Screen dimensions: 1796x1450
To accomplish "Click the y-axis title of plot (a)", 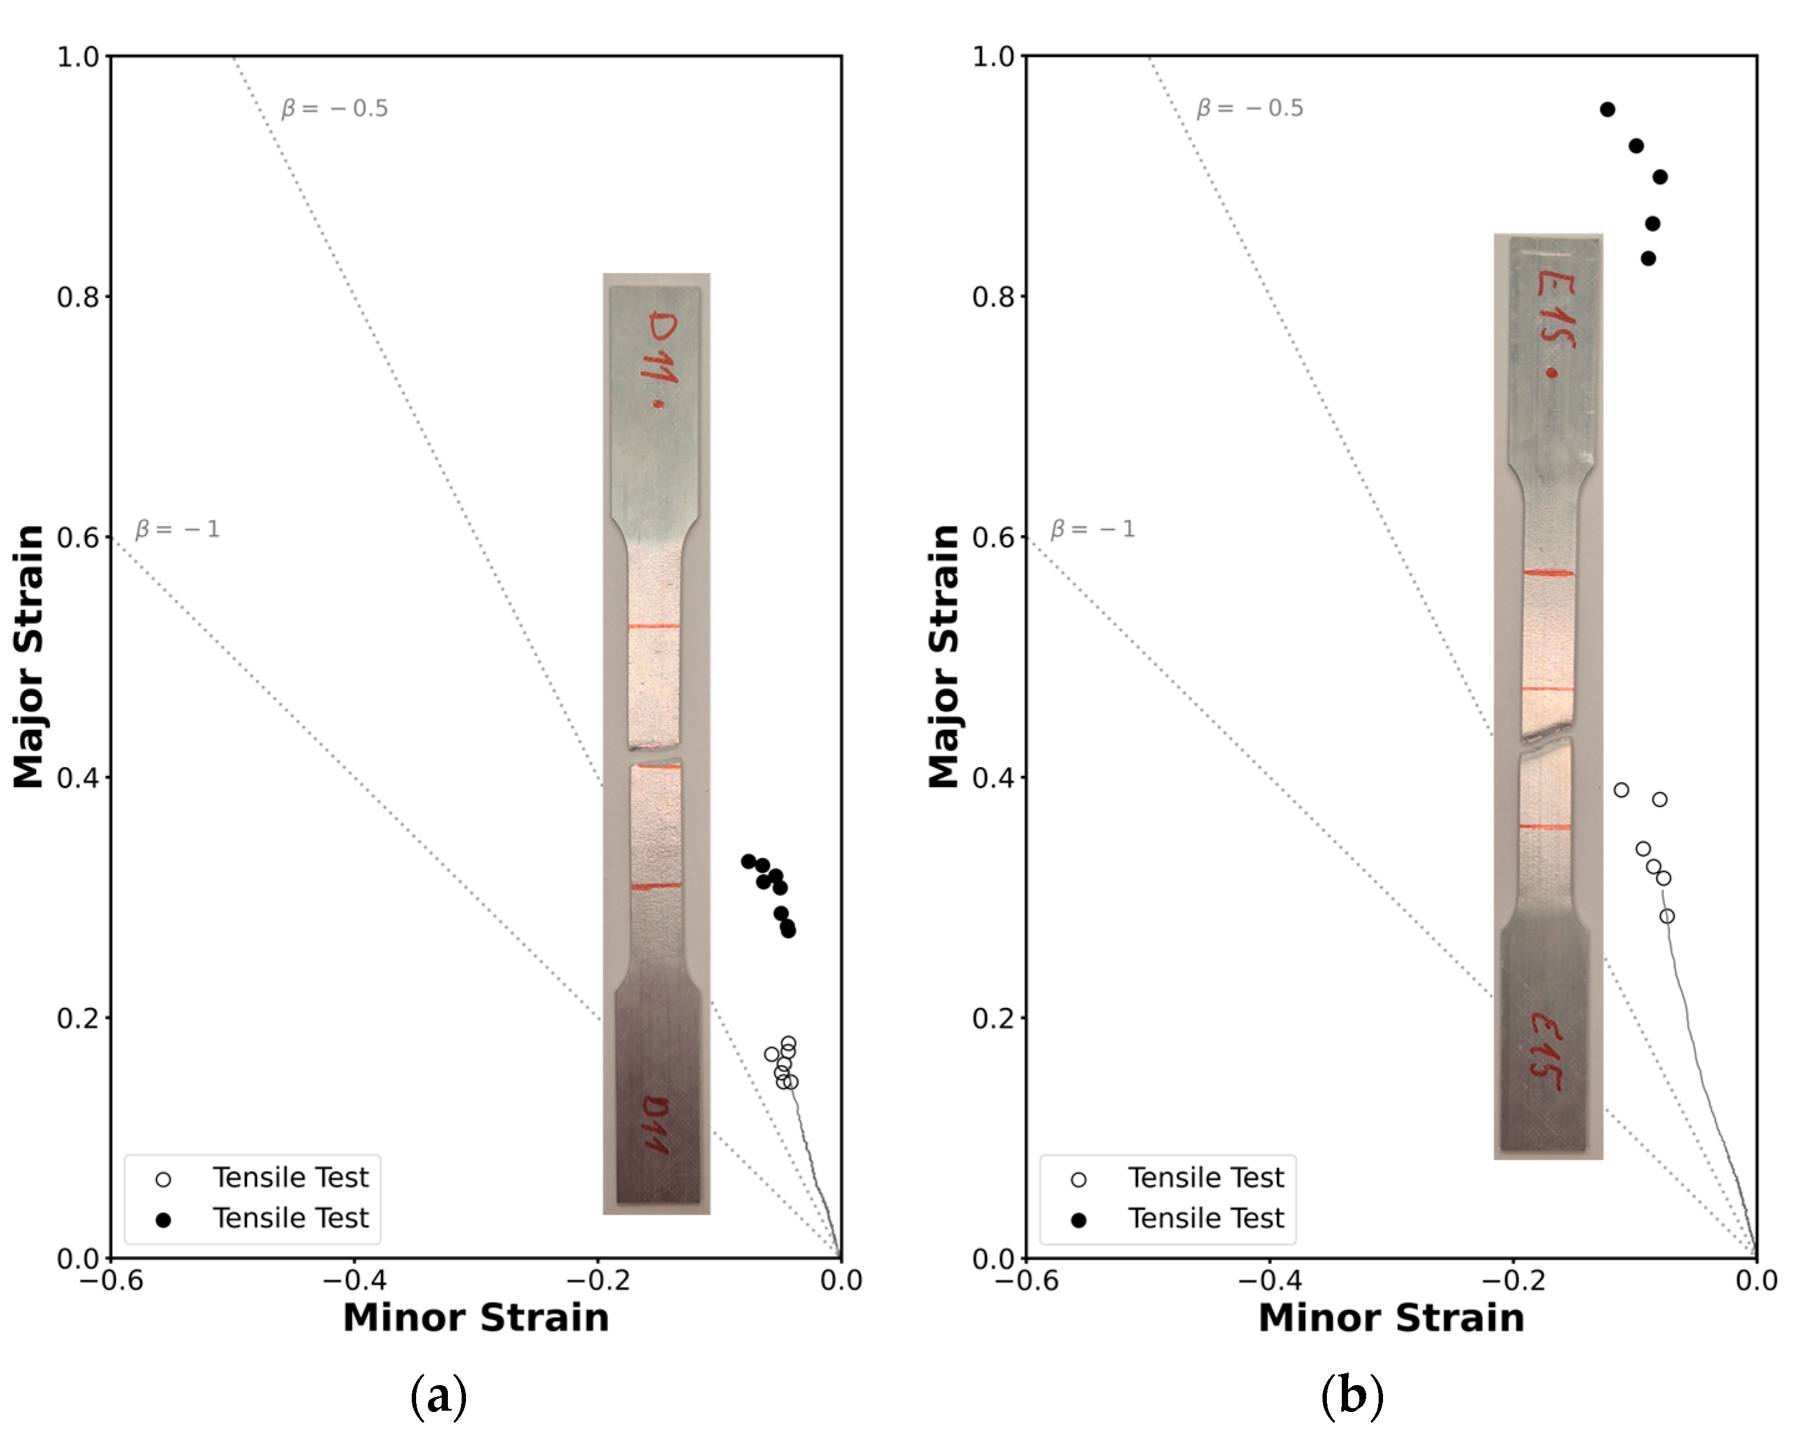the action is (29, 657).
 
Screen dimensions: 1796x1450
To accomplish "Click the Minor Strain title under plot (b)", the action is (1391, 1317).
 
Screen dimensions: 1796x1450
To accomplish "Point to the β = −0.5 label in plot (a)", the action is (334, 109).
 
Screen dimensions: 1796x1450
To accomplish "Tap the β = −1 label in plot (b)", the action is (1093, 529).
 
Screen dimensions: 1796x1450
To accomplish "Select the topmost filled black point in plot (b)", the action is (1607, 109).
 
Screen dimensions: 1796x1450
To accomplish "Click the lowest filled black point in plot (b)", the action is (1648, 258).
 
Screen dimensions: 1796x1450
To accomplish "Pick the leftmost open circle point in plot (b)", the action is (1621, 790).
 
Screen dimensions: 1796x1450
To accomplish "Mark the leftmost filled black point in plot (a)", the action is (749, 861).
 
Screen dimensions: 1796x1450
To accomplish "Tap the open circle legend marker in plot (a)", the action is (163, 1179).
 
